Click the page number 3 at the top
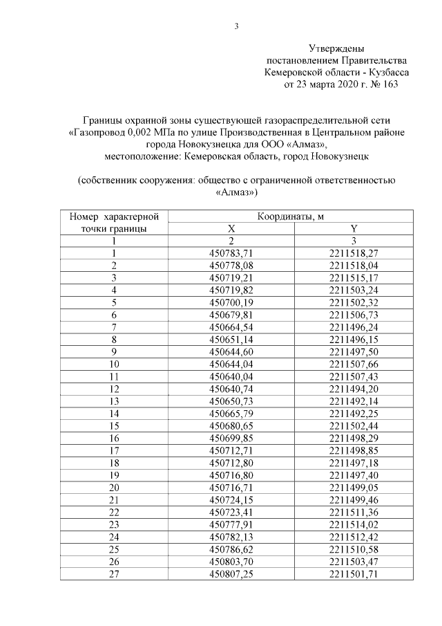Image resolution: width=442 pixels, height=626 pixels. pos(236,27)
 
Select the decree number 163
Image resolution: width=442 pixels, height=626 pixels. pos(390,84)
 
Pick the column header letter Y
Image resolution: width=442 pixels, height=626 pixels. pos(354,229)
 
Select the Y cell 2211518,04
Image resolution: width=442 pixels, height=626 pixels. pos(354,265)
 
